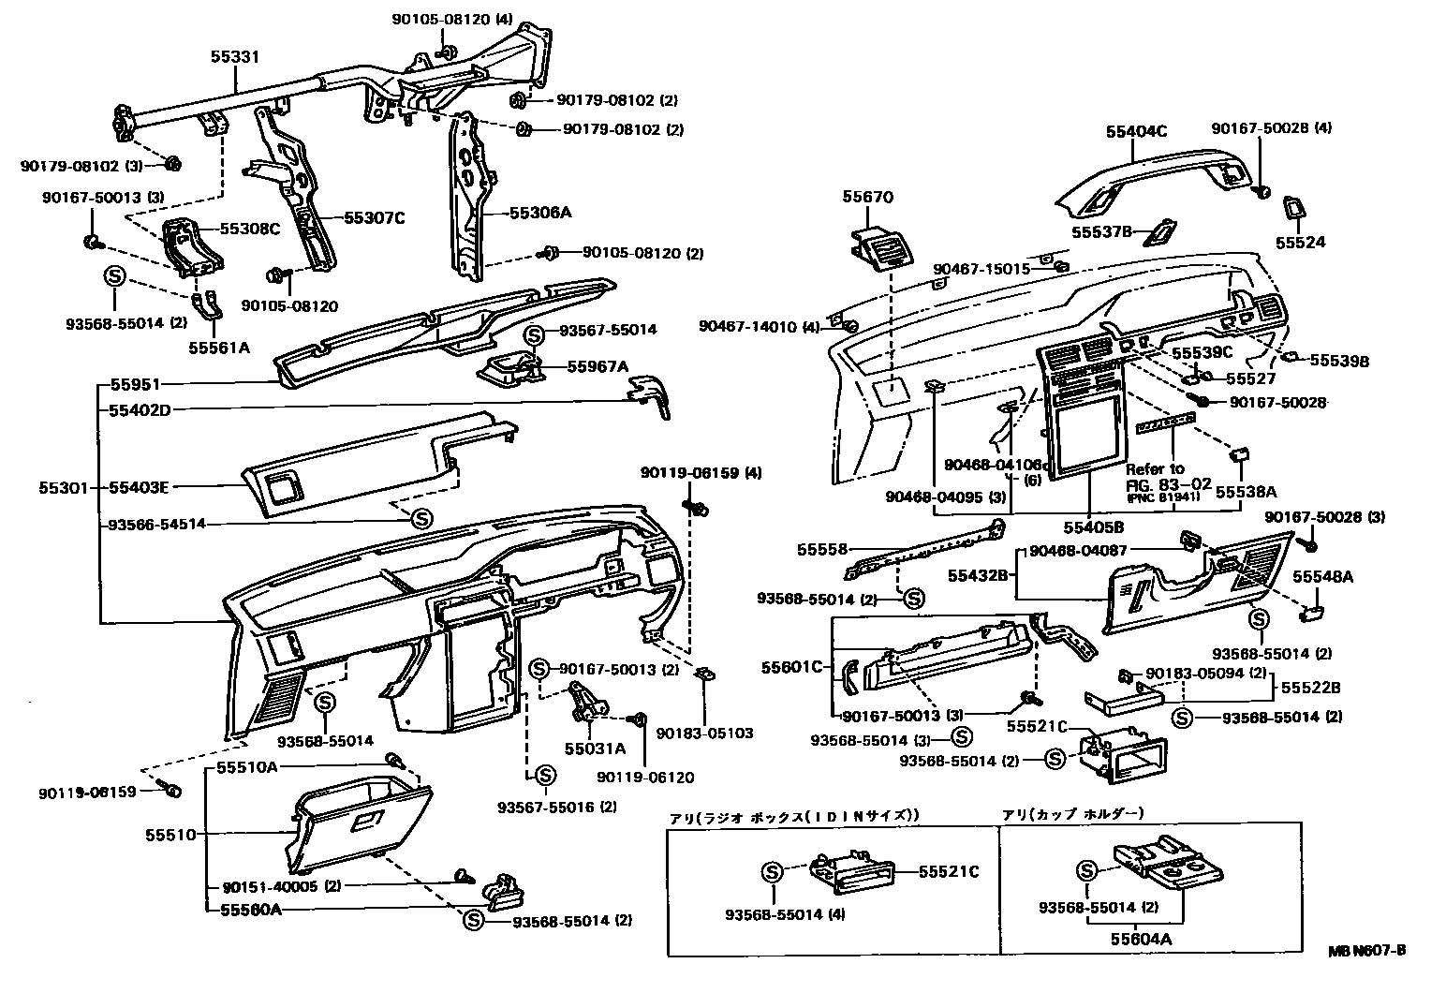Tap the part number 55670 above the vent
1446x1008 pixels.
tap(867, 197)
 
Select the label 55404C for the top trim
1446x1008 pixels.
tap(1136, 132)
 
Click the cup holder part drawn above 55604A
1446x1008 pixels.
tap(1164, 863)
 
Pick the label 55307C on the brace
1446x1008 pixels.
tap(373, 217)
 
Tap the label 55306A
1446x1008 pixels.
tap(539, 213)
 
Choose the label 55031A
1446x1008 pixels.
tap(595, 749)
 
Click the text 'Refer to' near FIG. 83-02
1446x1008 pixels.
tap(1155, 468)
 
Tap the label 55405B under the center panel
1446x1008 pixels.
tap(1093, 528)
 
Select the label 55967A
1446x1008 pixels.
tap(598, 366)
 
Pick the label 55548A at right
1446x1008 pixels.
tap(1323, 577)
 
